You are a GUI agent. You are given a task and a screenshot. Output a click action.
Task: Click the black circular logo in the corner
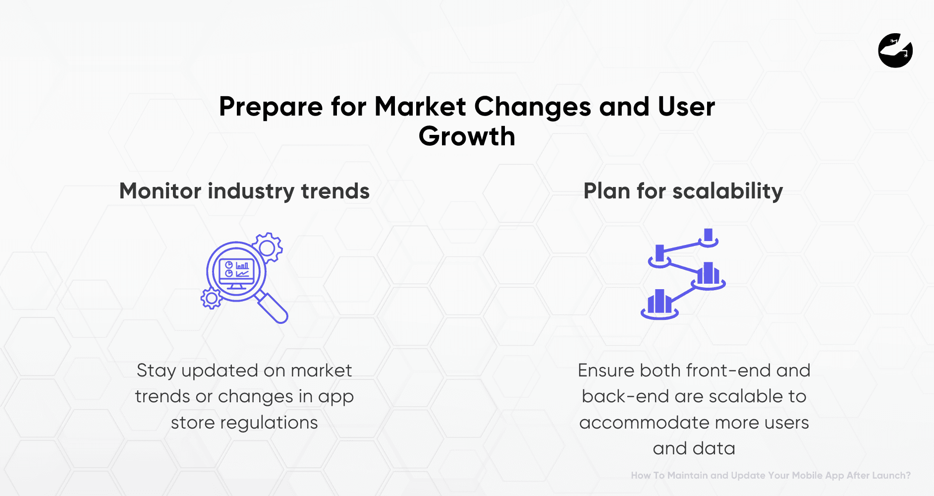[895, 51]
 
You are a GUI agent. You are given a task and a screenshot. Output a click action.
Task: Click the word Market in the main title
[420, 107]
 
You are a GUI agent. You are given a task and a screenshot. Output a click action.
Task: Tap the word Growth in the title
[467, 136]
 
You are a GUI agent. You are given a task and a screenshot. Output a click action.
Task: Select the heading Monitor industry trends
[244, 191]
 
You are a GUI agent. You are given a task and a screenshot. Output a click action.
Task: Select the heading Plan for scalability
[683, 191]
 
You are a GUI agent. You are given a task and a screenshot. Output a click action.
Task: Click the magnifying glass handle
[273, 308]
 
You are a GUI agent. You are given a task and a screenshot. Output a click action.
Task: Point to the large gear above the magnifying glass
[268, 247]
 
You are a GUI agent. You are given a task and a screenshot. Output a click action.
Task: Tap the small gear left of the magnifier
[212, 299]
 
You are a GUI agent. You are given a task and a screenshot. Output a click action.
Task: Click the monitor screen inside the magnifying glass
[236, 271]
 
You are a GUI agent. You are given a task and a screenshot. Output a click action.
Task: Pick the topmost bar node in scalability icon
[709, 237]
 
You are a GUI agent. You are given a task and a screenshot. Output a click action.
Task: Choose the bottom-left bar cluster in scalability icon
[659, 304]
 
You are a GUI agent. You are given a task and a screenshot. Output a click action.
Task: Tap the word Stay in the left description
[156, 371]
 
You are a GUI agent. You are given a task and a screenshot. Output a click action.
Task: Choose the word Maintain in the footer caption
[687, 475]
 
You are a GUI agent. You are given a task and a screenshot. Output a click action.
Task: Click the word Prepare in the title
[271, 107]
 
